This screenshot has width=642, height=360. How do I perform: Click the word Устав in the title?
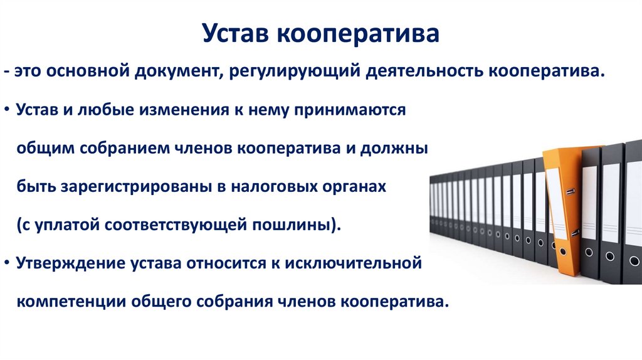236,34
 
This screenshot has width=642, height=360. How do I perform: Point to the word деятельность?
424,71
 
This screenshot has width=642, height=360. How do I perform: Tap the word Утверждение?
71,263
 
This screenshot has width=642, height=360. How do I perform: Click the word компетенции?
71,302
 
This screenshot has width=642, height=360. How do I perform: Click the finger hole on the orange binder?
562,251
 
